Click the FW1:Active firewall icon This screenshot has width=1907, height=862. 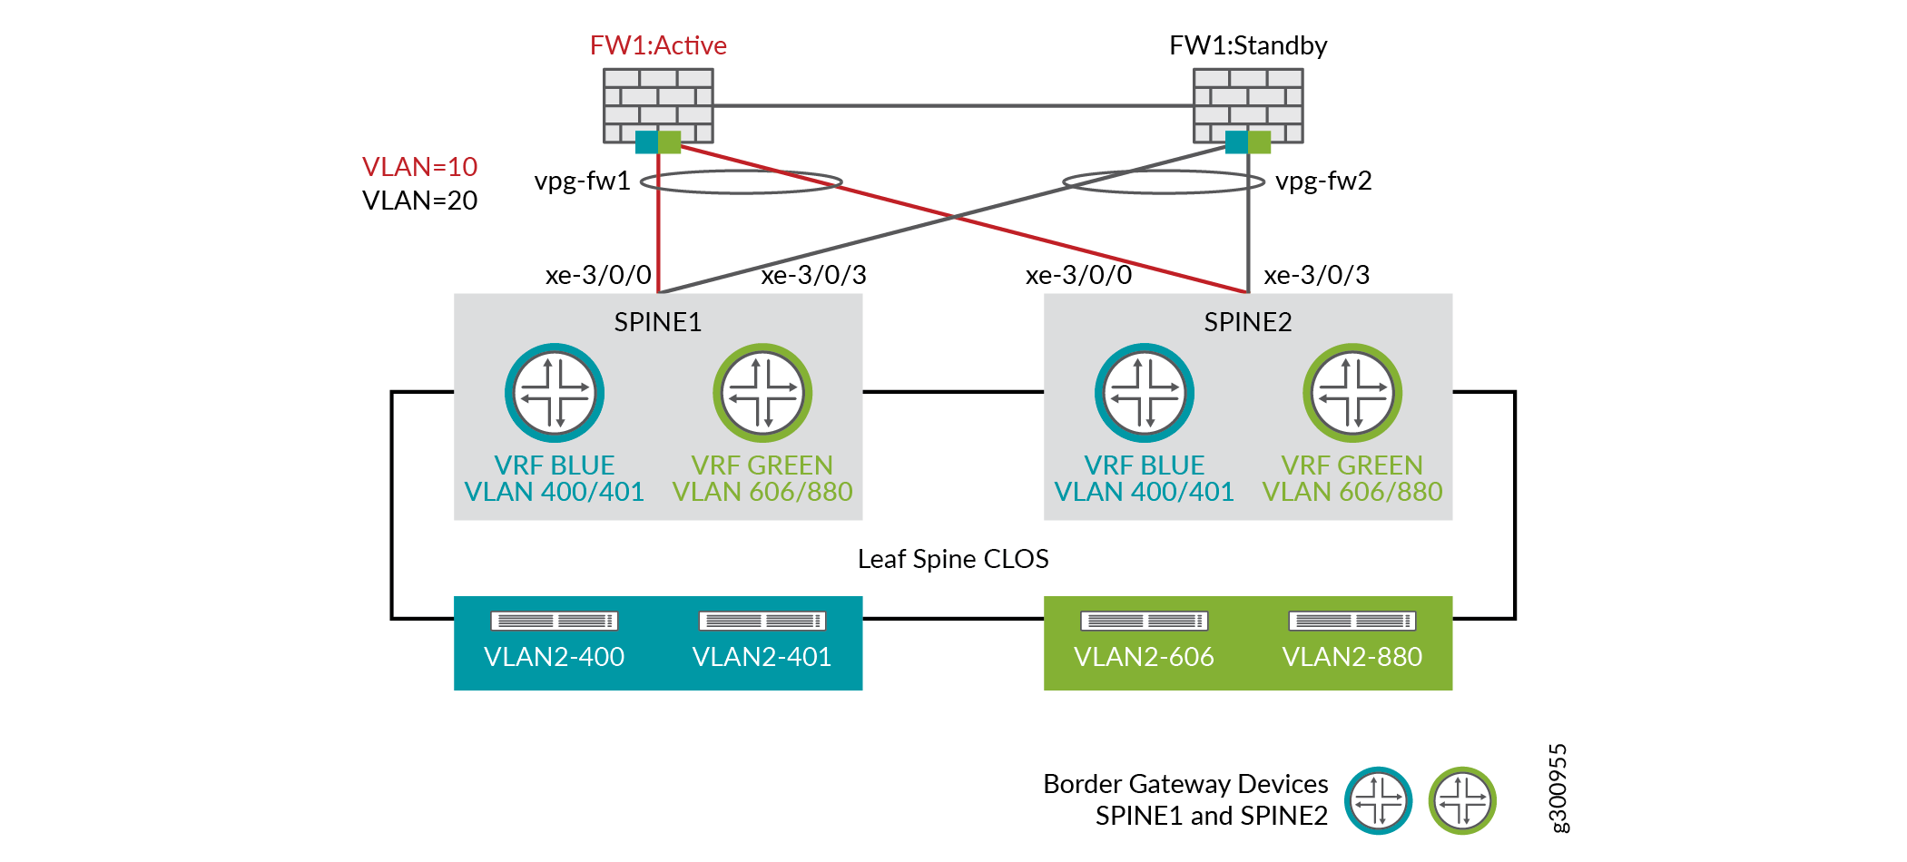[658, 104]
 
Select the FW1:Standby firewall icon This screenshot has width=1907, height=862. [1248, 104]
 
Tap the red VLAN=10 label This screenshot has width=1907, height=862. [419, 167]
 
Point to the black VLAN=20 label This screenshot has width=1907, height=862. [419, 201]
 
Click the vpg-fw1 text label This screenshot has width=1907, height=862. [582, 181]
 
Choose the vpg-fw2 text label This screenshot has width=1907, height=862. [1323, 181]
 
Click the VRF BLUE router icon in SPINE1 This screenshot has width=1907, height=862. [555, 393]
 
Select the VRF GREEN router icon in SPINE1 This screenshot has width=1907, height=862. [762, 393]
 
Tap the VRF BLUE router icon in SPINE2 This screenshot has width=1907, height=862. [1145, 393]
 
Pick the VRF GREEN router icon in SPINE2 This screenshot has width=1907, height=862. [1352, 393]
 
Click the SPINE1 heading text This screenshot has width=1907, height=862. [658, 322]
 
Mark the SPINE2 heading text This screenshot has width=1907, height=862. [1248, 322]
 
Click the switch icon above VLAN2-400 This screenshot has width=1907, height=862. [554, 621]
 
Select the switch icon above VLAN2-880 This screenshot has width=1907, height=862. [1352, 621]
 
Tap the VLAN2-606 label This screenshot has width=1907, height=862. [1144, 657]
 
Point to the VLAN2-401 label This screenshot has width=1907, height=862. [762, 657]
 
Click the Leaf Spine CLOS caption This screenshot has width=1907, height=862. [953, 559]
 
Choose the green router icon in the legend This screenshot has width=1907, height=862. [1462, 800]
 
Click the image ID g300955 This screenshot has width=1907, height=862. [1558, 788]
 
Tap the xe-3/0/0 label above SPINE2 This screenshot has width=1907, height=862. [1078, 275]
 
